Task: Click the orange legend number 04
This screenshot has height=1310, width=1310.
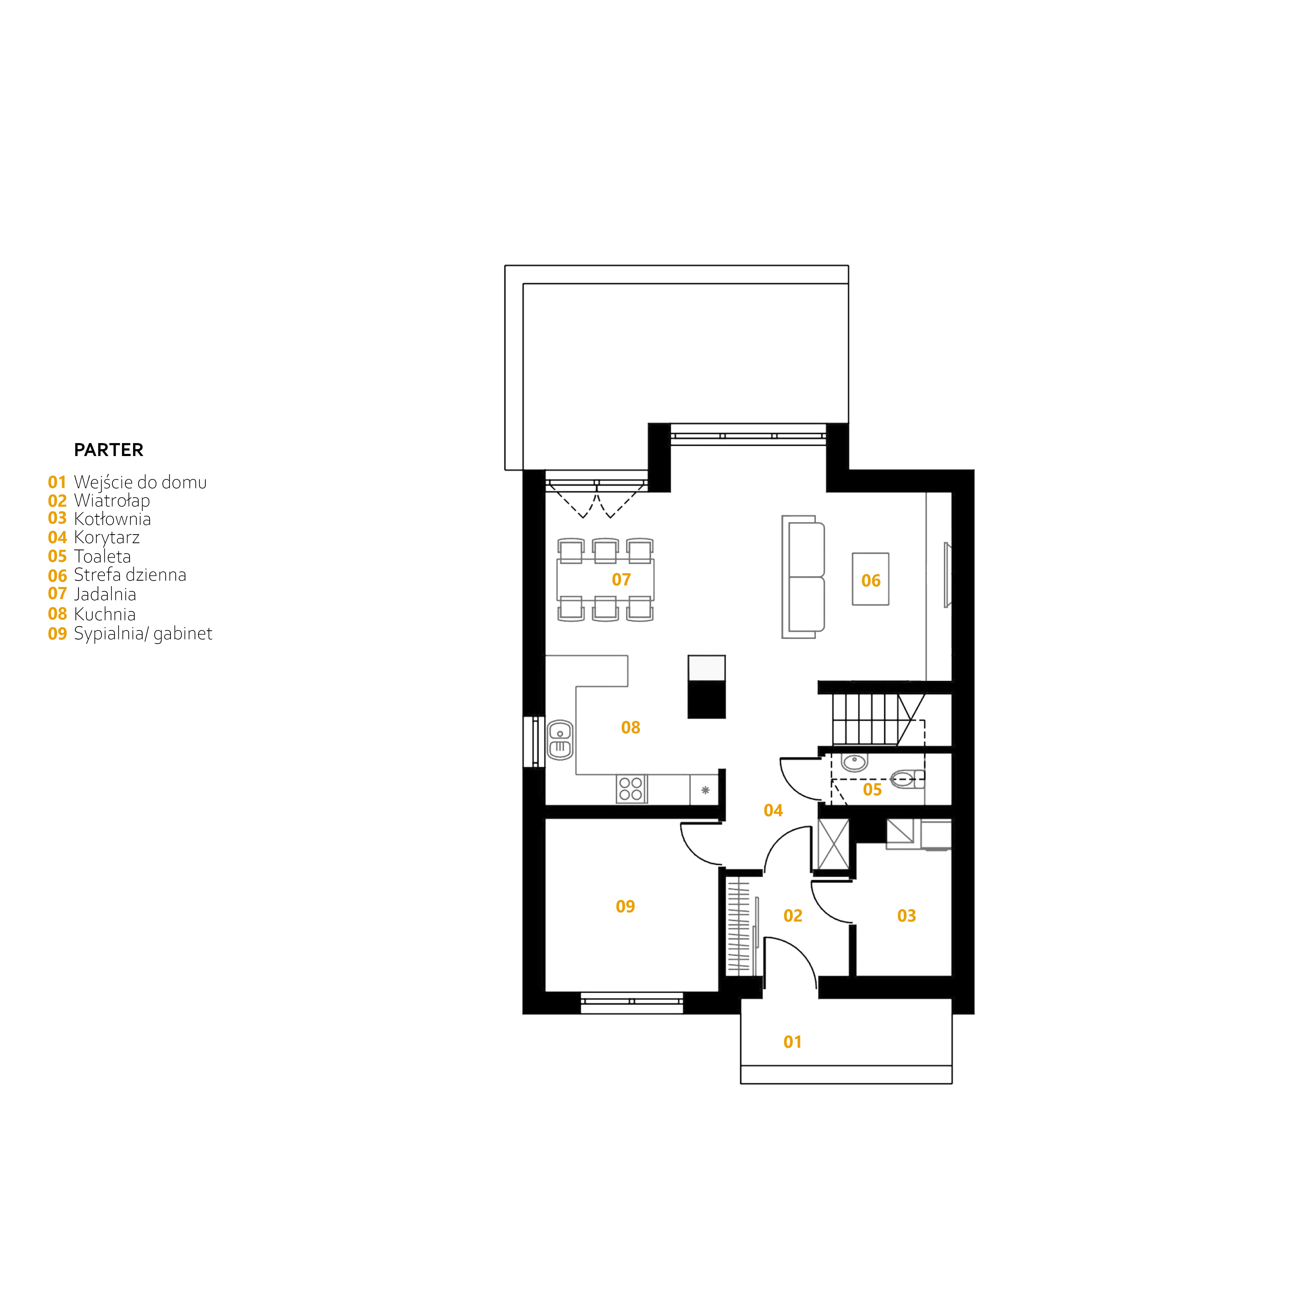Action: (57, 538)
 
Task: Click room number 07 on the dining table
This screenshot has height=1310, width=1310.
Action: (621, 580)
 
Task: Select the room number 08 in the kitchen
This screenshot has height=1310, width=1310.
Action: (631, 727)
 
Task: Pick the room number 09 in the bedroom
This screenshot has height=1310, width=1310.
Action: (625, 907)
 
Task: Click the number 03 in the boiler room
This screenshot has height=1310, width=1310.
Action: (907, 916)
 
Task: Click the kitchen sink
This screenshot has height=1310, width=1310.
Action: (560, 740)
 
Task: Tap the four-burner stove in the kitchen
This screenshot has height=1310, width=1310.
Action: (631, 789)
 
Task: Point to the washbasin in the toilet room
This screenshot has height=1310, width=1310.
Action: (854, 762)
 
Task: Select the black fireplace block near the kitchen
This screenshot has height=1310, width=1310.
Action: (707, 687)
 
